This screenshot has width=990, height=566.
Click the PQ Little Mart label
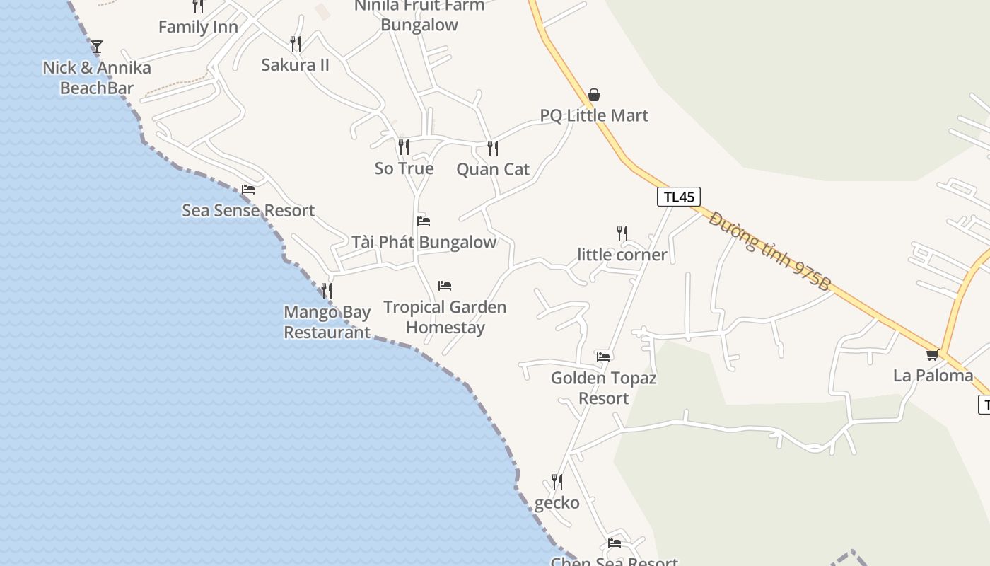pyautogui.click(x=594, y=115)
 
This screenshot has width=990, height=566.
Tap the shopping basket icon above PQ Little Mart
pyautogui.click(x=594, y=95)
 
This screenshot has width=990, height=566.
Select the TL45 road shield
pyautogui.click(x=679, y=197)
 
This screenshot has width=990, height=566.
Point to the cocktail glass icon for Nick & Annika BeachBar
pyautogui.click(x=97, y=47)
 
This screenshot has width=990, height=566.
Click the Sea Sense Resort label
pyautogui.click(x=248, y=210)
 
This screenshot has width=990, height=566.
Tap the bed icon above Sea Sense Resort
pyautogui.click(x=248, y=190)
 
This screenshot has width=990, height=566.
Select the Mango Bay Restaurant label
pyautogui.click(x=327, y=322)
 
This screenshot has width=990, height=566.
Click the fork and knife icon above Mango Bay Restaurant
pyautogui.click(x=326, y=291)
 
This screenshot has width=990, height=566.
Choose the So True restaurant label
pyautogui.click(x=404, y=168)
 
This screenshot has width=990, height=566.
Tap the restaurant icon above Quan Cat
pyautogui.click(x=493, y=149)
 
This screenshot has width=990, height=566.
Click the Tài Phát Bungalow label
pyautogui.click(x=424, y=242)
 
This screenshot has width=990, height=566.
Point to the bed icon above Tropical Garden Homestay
pyautogui.click(x=445, y=286)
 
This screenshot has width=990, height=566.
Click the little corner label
pyautogui.click(x=622, y=255)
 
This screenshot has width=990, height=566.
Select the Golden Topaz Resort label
pyautogui.click(x=603, y=388)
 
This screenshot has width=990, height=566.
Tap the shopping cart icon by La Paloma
pyautogui.click(x=933, y=354)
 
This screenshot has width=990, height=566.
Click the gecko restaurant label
pyautogui.click(x=557, y=503)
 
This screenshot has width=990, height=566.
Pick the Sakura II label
pyautogui.click(x=296, y=65)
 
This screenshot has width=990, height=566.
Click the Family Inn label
pyautogui.click(x=198, y=28)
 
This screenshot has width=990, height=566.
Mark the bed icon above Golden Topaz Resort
pyautogui.click(x=603, y=357)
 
